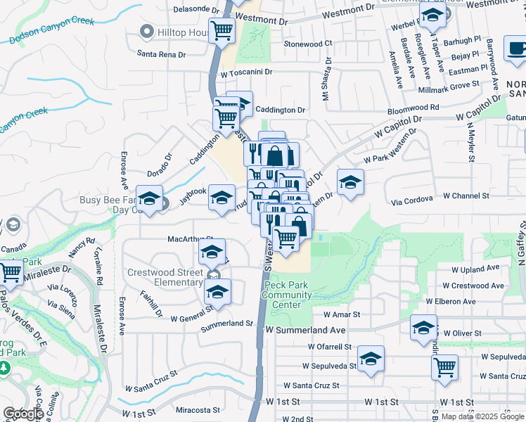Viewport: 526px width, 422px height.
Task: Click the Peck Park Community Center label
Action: tap(286, 295)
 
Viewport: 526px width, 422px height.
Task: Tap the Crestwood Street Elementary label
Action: tap(165, 277)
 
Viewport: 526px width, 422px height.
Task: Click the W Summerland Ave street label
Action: tap(305, 330)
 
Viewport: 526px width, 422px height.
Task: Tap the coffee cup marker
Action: tap(518, 48)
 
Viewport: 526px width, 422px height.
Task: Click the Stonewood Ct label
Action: tap(307, 44)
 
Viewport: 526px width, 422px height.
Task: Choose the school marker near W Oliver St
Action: tap(423, 328)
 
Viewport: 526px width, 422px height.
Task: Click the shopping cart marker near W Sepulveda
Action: tap(444, 366)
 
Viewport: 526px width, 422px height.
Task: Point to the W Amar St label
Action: tap(342, 314)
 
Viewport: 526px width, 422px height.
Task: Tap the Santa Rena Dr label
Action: tap(161, 54)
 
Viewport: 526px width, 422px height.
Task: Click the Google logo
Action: tap(23, 414)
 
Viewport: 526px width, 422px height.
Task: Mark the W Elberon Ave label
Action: tap(450, 301)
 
